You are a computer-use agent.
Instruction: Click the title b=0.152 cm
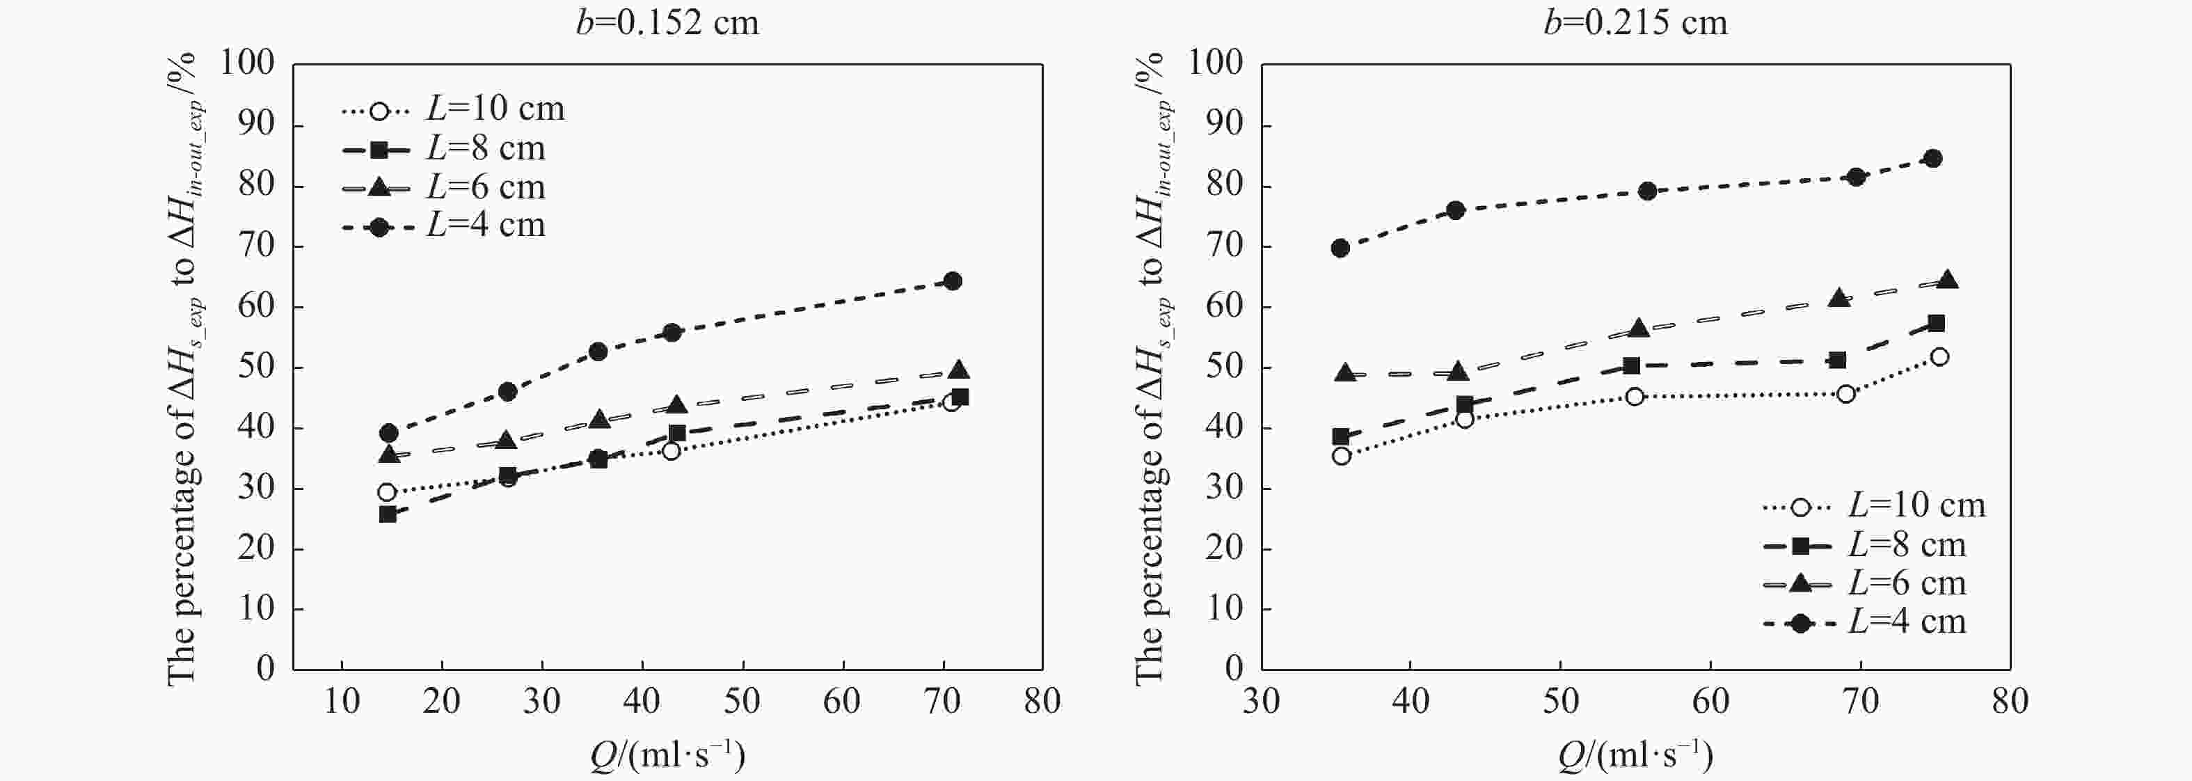click(667, 22)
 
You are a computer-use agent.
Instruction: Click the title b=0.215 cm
click(1635, 22)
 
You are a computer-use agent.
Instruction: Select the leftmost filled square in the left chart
click(388, 514)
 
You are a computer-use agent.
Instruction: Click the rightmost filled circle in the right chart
click(1932, 158)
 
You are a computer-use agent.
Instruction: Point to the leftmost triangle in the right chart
click(1345, 372)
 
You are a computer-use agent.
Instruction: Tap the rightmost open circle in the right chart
click(1939, 356)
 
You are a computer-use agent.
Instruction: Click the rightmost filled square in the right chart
click(1936, 323)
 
